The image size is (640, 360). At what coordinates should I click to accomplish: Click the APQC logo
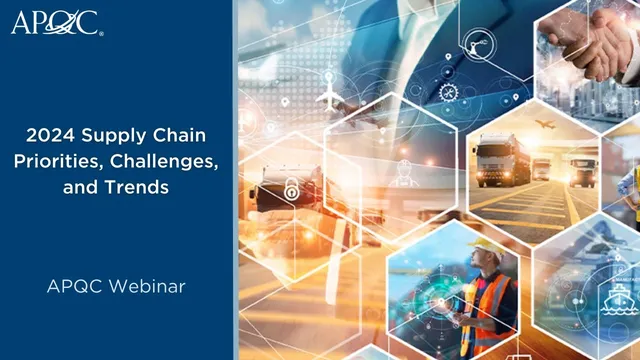[x=55, y=22]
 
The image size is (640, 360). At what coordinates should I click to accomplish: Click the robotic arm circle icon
[x=476, y=43]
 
